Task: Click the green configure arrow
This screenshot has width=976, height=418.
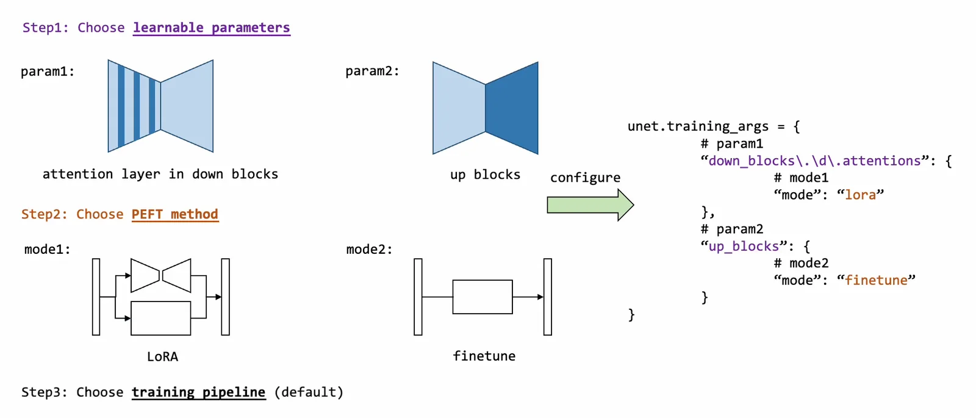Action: [x=590, y=205]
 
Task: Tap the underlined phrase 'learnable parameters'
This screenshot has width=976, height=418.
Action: [x=211, y=28]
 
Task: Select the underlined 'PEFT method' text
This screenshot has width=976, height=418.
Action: [x=174, y=214]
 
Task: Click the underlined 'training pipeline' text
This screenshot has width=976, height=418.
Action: [x=199, y=392]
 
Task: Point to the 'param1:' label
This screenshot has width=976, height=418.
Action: [x=48, y=71]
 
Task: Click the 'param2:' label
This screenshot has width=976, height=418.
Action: [x=372, y=71]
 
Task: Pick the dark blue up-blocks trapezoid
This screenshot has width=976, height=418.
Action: [x=512, y=108]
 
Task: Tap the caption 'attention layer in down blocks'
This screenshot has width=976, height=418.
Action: [x=160, y=174]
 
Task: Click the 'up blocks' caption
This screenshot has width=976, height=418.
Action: [x=485, y=175]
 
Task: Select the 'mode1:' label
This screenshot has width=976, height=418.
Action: [x=47, y=250]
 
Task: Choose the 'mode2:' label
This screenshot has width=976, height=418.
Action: [x=369, y=250]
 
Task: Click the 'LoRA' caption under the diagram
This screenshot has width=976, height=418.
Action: [x=162, y=356]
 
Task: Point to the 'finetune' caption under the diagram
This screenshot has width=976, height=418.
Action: [x=484, y=356]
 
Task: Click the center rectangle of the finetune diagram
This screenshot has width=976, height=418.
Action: [x=483, y=297]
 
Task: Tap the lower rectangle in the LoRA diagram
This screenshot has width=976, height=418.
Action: [x=161, y=318]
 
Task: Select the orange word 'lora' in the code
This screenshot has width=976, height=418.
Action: [x=861, y=195]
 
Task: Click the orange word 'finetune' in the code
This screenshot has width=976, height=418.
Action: [x=876, y=280]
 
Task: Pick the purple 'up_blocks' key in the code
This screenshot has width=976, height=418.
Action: [x=744, y=247]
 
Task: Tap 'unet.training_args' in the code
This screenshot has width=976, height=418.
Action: [x=698, y=126]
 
